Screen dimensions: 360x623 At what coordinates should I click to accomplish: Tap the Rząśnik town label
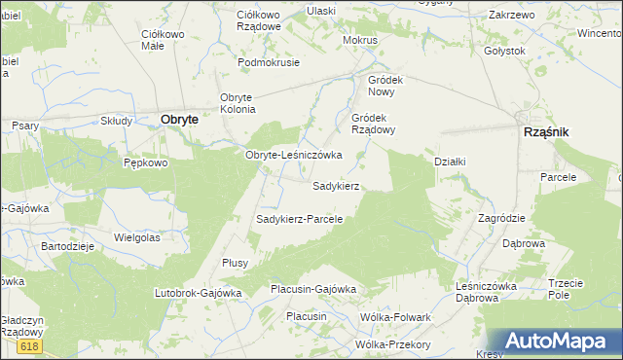click(546, 131)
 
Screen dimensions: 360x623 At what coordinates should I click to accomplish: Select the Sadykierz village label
click(337, 185)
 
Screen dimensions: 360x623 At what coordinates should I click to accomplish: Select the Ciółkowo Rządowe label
click(259, 20)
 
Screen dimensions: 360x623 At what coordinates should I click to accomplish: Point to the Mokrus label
click(359, 41)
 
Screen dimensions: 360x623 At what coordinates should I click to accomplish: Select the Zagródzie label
click(501, 218)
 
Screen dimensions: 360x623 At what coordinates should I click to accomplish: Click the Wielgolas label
click(136, 236)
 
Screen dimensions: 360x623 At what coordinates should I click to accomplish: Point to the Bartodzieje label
click(67, 246)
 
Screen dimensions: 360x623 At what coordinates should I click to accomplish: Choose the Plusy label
click(236, 263)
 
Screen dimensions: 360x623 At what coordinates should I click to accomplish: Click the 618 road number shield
click(30, 346)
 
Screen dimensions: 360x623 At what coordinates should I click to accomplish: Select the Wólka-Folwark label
click(395, 317)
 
